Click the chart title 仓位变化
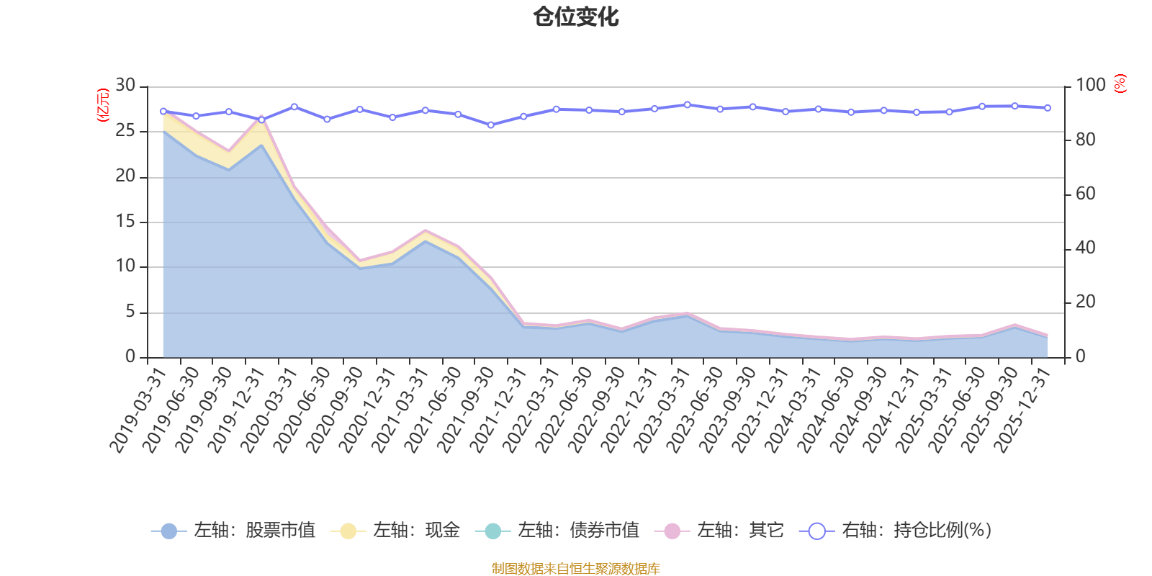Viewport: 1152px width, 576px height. (576, 17)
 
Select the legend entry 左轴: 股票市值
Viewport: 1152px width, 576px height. (234, 531)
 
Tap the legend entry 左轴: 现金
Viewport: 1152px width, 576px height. (395, 531)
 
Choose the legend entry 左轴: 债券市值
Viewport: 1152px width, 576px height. (558, 531)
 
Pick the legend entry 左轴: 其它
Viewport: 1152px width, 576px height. (719, 531)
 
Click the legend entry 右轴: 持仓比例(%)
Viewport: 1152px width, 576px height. (896, 531)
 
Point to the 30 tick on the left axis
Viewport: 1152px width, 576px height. (125, 86)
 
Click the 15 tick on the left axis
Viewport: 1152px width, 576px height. (125, 222)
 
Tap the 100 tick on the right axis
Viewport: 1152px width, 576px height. (1090, 86)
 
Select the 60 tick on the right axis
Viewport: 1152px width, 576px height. (1085, 194)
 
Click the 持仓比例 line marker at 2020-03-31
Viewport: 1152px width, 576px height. (294, 107)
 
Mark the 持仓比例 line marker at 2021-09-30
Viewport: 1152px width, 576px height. (491, 125)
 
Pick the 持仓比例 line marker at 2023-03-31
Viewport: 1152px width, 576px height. (688, 105)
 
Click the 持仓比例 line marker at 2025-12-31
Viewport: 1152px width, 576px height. (1048, 108)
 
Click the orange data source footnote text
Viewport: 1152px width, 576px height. (575, 569)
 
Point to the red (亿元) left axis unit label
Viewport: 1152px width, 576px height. (102, 105)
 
